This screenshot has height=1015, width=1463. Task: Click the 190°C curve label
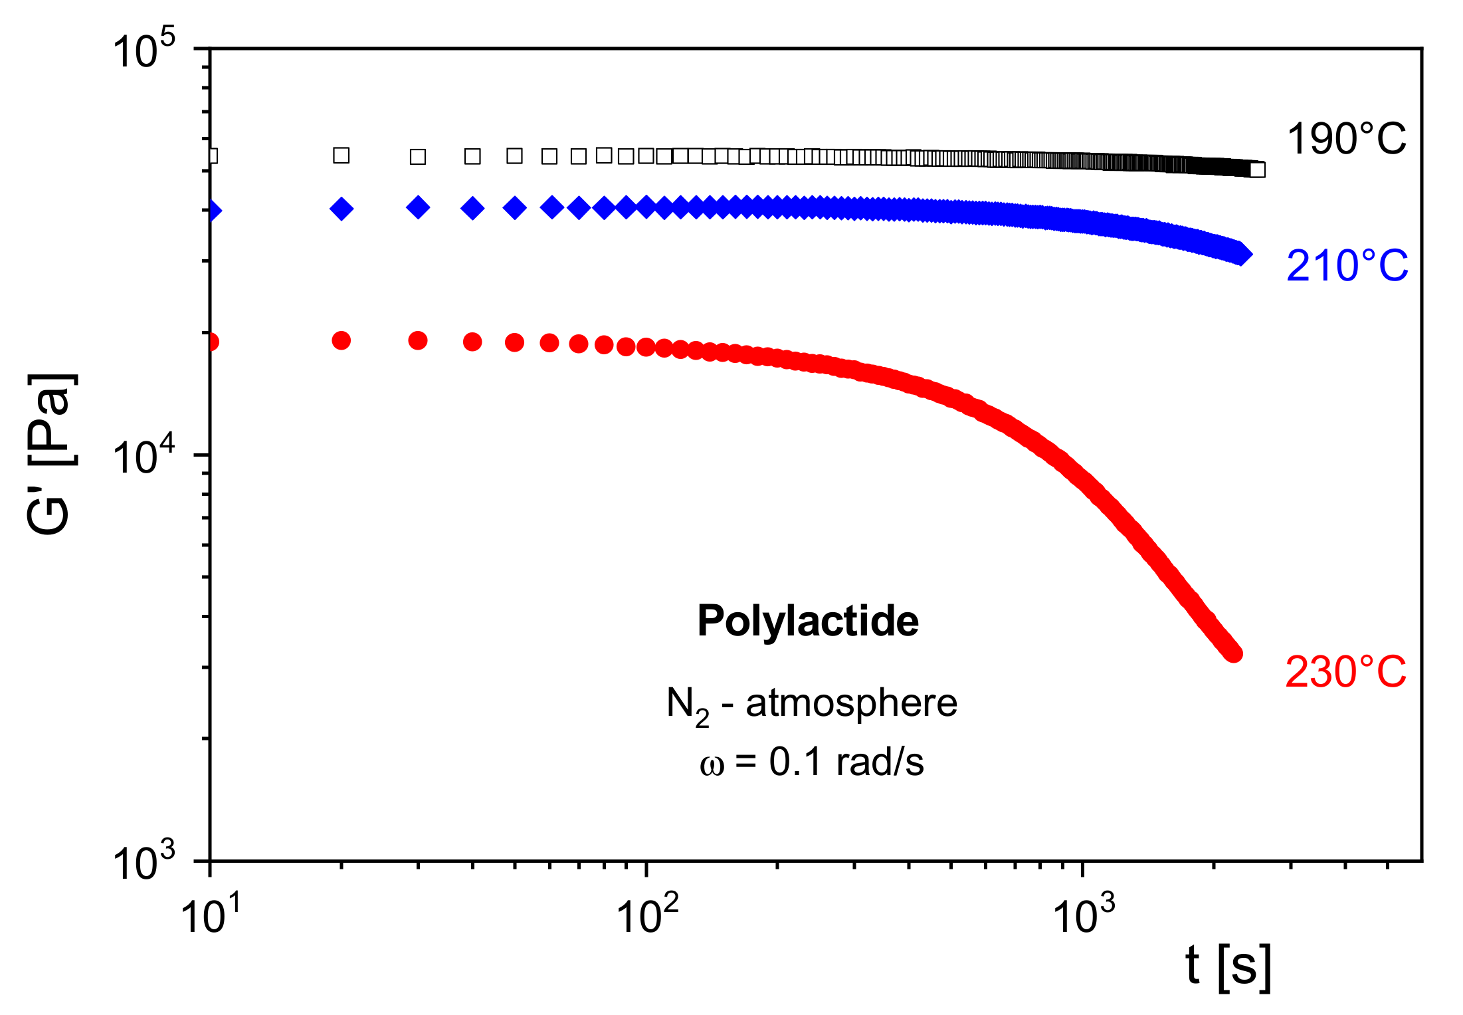[x=1346, y=140]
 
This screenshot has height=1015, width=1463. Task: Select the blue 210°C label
[x=1347, y=266]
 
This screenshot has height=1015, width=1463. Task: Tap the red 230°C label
[x=1345, y=671]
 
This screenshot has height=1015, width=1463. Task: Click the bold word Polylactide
[x=808, y=621]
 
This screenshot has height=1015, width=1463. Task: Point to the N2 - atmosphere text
[x=811, y=704]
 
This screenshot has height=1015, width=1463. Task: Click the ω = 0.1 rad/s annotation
[x=811, y=762]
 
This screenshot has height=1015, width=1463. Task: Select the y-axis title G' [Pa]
[x=50, y=453]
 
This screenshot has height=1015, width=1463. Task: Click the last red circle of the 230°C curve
[x=1232, y=653]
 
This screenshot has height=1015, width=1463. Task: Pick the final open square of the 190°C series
[x=1257, y=169]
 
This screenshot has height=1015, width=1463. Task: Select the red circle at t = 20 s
[x=341, y=340]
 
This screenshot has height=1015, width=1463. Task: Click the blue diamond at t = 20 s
[x=341, y=209]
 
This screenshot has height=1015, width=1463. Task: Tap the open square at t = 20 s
[x=341, y=156]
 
